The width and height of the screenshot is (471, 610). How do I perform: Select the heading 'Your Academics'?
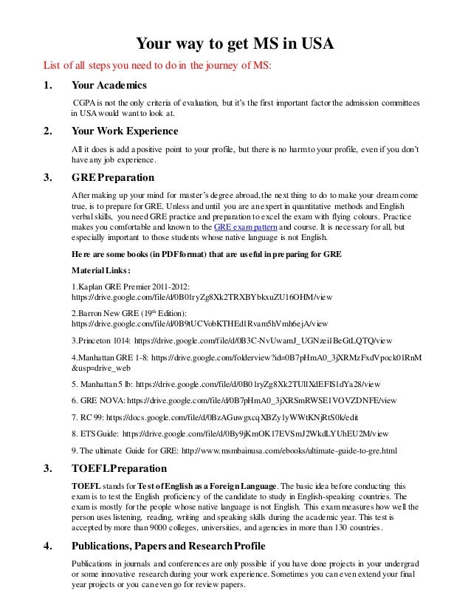pos(109,85)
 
